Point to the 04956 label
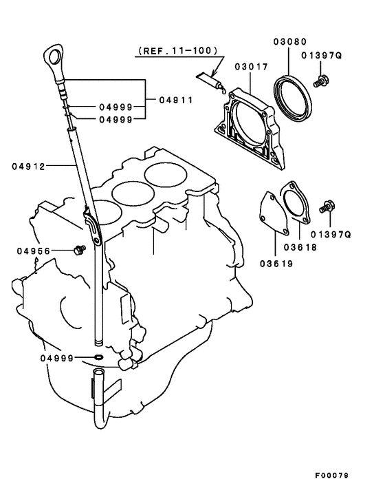click(34, 251)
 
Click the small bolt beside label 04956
click(78, 248)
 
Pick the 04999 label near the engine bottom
click(56, 358)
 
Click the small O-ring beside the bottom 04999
click(99, 358)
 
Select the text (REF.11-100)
click(177, 51)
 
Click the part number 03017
click(249, 67)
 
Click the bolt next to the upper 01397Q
click(320, 82)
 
